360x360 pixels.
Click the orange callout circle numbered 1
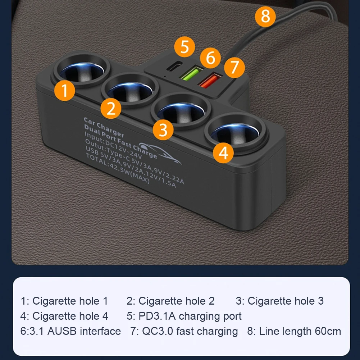tap(65, 91)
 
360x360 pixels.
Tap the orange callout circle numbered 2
tap(111, 108)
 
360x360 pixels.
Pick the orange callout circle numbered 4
tap(223, 152)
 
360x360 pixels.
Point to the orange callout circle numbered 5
tap(184, 47)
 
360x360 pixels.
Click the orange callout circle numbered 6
tap(211, 58)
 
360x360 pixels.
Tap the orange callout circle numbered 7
tap(234, 67)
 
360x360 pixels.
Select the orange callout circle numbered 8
tap(265, 16)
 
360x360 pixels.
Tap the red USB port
tap(209, 79)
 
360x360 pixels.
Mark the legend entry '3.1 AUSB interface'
tap(70, 331)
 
